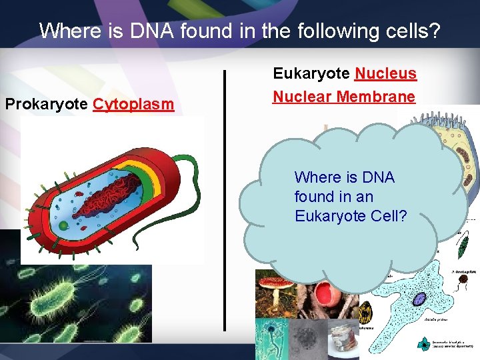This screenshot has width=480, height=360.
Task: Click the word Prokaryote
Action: click(x=47, y=105)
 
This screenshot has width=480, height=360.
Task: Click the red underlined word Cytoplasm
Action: click(x=133, y=105)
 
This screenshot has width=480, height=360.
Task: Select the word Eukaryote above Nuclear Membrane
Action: click(x=311, y=73)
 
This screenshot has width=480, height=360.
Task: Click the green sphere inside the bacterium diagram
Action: click(x=63, y=225)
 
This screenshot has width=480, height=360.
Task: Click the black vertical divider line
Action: click(x=225, y=200)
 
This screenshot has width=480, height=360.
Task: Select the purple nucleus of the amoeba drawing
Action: click(x=419, y=299)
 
